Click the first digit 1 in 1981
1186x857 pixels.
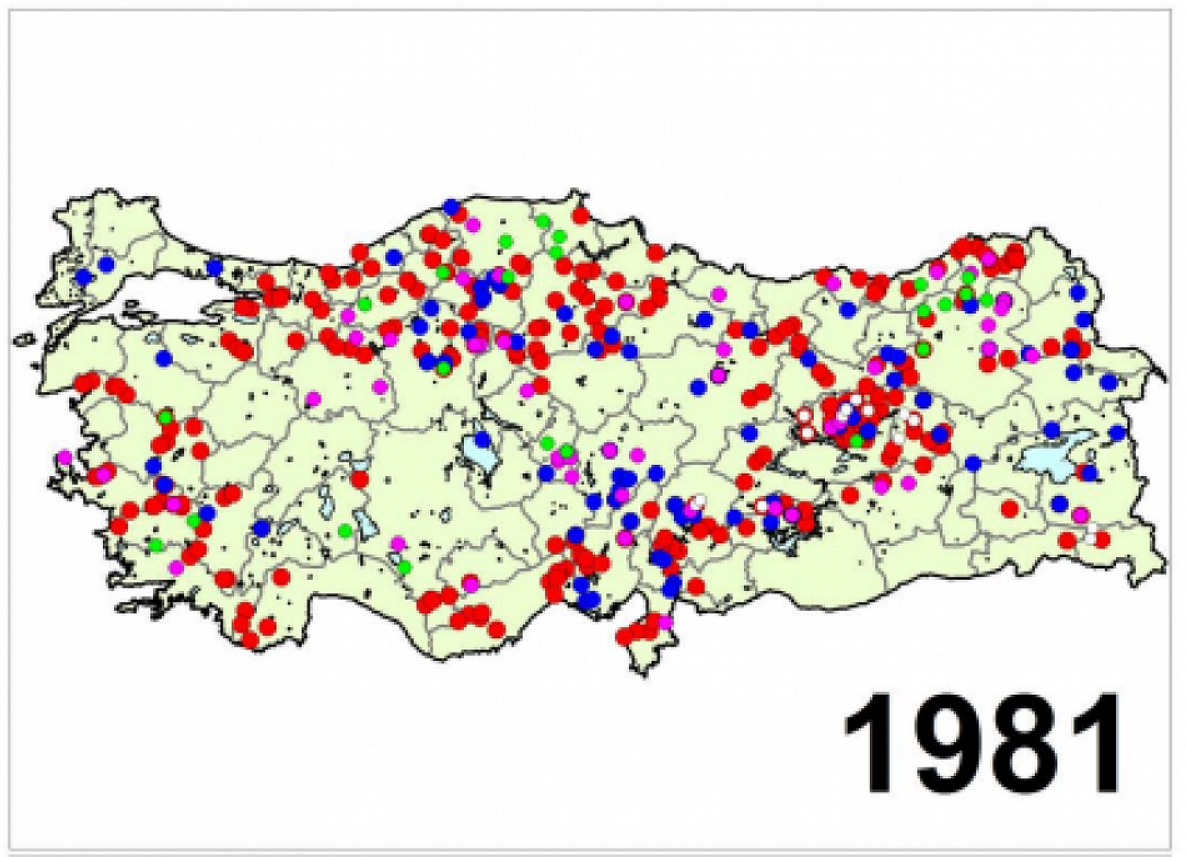point(869,745)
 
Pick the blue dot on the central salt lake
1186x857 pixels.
point(482,439)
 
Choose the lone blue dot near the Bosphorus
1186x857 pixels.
point(215,266)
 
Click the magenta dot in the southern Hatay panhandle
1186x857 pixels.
point(664,622)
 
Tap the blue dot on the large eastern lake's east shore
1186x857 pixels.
point(1090,472)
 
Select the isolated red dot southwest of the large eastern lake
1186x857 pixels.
point(1010,508)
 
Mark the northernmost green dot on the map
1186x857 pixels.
point(542,221)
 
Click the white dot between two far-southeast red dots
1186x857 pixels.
point(1091,539)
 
